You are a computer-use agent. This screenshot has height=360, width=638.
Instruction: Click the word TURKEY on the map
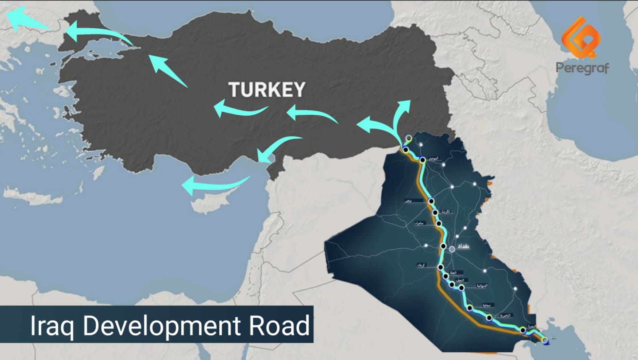pos(267,90)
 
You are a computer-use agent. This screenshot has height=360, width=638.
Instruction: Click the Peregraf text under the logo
pos(582,68)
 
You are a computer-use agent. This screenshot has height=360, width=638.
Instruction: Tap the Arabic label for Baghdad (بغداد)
pos(463,246)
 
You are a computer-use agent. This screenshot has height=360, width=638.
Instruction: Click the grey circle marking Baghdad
pos(452,249)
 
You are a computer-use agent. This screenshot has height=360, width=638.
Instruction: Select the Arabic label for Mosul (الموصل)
pos(433,158)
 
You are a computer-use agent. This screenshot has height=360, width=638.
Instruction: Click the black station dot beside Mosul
pos(423,160)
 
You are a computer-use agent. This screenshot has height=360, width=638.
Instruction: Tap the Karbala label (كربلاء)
pos(421,265)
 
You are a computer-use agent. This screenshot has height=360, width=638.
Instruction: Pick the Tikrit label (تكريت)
pos(446,211)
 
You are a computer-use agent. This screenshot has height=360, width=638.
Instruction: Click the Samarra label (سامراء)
pos(419,223)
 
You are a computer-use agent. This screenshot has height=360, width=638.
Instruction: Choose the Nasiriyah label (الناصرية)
pos(505,315)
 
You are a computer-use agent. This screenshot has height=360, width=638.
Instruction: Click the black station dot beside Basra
pos(523,330)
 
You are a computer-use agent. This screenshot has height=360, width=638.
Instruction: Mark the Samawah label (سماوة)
pos(486,305)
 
